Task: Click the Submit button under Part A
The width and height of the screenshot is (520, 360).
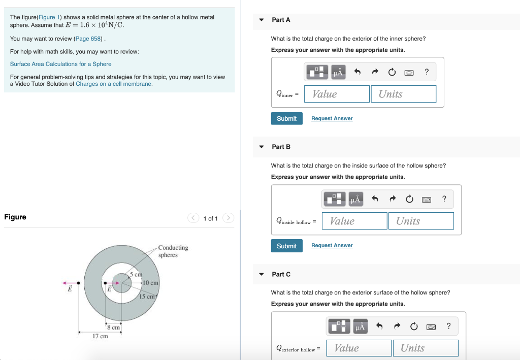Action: tap(286, 118)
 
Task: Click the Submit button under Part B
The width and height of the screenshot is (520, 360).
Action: tap(286, 246)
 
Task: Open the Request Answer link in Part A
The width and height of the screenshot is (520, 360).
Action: tap(332, 118)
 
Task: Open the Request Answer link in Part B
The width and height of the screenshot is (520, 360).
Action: tap(332, 245)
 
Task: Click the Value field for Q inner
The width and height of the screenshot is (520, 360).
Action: tap(337, 94)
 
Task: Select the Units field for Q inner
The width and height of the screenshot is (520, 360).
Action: tap(403, 94)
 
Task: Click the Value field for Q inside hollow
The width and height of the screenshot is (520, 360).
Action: tap(354, 221)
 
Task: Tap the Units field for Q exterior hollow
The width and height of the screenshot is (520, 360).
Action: tap(426, 348)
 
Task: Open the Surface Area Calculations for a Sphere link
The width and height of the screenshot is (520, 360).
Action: tap(61, 64)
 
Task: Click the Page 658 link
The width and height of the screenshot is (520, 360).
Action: tap(88, 39)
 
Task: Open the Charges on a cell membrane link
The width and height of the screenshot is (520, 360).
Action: tap(113, 84)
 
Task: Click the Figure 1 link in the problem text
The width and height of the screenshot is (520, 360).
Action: tap(49, 17)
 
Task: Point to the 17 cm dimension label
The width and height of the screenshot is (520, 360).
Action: tap(100, 336)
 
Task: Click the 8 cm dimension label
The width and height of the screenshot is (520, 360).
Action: tap(113, 328)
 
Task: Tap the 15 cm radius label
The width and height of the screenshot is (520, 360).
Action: tap(147, 297)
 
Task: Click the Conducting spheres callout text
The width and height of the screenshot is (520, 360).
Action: tap(173, 251)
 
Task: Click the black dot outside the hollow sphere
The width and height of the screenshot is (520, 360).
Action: tap(78, 283)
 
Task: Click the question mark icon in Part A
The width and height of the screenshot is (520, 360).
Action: tap(427, 72)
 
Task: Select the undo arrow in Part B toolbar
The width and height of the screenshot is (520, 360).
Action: tap(375, 199)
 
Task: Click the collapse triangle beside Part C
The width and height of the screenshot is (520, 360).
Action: tap(262, 274)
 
